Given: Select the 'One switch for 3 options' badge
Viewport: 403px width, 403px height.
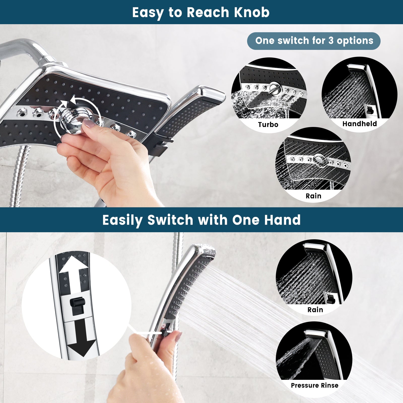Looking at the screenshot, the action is (314, 41).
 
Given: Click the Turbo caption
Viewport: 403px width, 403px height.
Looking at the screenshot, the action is (268, 124).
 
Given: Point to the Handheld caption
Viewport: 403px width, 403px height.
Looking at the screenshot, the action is (359, 124).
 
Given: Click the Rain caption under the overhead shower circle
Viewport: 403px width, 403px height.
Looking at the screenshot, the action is (313, 196).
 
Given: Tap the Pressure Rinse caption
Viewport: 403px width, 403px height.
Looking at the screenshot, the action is (315, 385).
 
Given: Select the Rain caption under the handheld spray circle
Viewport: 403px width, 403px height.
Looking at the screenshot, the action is (315, 310).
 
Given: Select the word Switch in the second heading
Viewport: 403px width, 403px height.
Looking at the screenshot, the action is (170, 220).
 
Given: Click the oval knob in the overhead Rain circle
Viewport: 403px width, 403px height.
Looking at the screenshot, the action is (319, 160).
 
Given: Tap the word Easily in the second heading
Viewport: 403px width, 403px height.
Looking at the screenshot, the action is (122, 220).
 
